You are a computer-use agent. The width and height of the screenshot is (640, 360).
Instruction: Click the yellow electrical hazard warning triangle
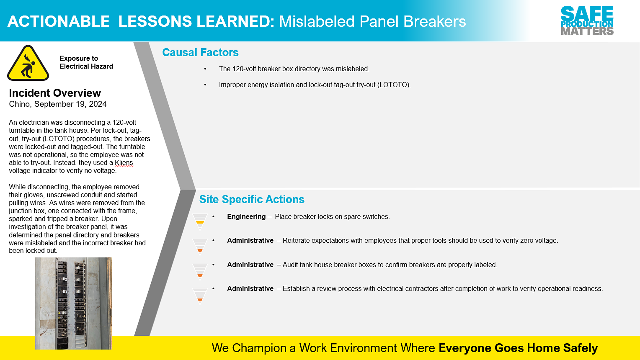tap(28, 63)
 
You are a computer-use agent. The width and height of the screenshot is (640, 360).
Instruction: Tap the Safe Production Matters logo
tap(587, 21)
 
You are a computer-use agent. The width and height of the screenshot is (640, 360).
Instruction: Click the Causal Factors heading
tap(200, 52)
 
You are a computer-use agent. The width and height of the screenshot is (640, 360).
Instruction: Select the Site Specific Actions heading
tap(252, 199)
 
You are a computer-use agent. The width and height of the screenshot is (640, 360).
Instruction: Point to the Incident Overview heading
tap(55, 93)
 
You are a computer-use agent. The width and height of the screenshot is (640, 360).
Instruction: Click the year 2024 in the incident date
tap(98, 104)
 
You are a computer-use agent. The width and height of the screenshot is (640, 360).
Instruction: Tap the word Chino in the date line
tap(19, 104)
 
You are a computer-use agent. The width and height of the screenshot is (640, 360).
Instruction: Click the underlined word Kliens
tap(124, 163)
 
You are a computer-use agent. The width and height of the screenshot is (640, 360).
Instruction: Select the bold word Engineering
tap(246, 217)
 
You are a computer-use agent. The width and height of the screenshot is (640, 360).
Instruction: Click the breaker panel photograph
tap(73, 303)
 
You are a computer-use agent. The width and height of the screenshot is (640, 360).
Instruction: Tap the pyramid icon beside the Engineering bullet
tap(200, 222)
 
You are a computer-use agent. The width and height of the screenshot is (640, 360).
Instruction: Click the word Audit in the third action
tap(290, 265)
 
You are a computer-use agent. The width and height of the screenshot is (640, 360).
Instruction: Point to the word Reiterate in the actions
tap(296, 241)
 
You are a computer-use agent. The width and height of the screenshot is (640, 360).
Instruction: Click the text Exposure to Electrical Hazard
tap(86, 62)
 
